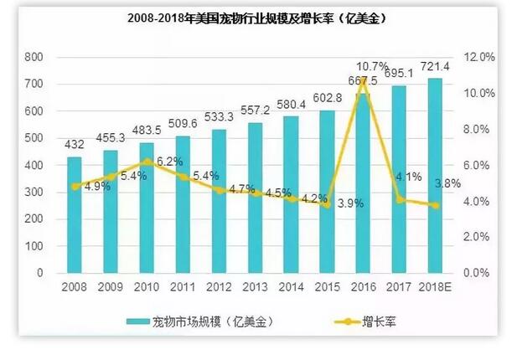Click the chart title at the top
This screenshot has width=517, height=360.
[x=258, y=17]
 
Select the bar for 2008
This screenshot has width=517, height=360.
[x=75, y=215]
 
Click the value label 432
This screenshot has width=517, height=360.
[x=75, y=145]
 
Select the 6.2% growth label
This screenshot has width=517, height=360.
[x=168, y=162]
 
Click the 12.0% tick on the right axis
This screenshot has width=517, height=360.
[x=483, y=58]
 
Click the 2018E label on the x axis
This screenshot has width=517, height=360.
[x=435, y=286]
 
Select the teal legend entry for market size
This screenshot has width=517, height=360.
[x=200, y=321]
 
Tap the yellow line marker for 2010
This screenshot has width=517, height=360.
[x=147, y=162]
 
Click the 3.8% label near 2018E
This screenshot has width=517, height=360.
[x=451, y=183]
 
